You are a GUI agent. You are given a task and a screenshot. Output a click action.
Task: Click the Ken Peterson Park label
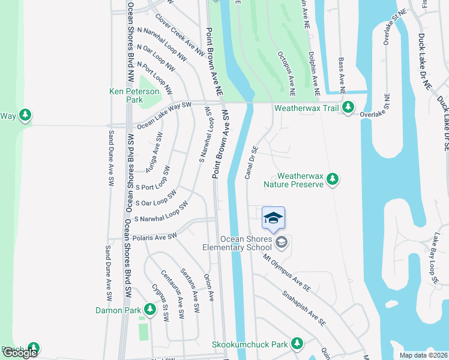(134, 95)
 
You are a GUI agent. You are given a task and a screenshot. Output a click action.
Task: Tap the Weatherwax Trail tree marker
(348, 109)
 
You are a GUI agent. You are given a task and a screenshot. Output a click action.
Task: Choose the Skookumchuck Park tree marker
(296, 344)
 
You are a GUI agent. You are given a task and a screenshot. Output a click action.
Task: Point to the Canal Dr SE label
(251, 162)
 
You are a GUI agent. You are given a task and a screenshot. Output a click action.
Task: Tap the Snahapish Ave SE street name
(304, 308)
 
